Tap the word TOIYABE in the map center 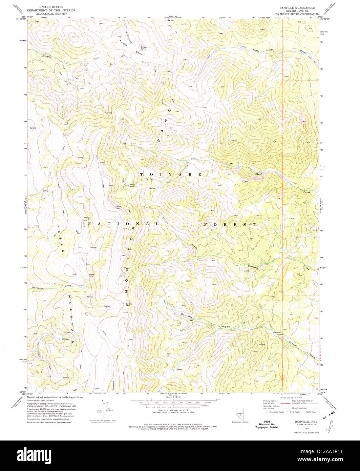click(x=171, y=174)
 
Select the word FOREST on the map click(x=230, y=225)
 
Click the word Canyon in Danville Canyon click(x=224, y=327)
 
